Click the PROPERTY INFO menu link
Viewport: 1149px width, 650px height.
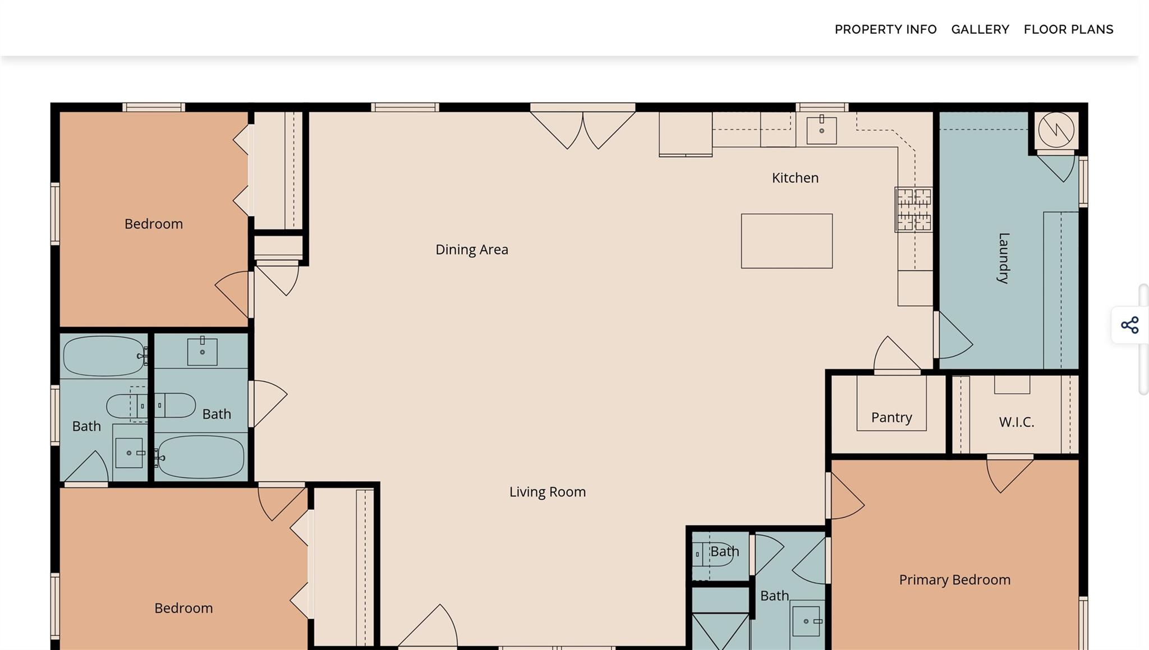click(885, 29)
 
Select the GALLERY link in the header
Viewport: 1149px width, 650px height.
click(980, 29)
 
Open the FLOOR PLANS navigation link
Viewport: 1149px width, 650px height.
click(1068, 29)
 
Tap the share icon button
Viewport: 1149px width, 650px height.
click(1129, 325)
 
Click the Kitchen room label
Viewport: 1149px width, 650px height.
click(795, 178)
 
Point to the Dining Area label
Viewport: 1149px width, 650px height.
click(472, 250)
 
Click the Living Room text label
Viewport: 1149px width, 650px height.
click(548, 492)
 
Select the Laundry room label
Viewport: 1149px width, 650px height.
click(1004, 258)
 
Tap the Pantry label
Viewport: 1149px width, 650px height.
click(891, 417)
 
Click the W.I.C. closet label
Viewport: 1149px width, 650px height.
click(1016, 422)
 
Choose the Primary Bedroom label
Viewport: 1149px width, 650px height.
click(955, 579)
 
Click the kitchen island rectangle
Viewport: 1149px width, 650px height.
click(787, 241)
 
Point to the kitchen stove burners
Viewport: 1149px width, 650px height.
click(914, 210)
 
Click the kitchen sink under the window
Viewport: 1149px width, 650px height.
click(821, 130)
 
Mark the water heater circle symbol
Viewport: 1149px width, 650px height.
click(1056, 130)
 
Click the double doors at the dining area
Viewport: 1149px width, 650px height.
click(583, 129)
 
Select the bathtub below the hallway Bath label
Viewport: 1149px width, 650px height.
click(200, 457)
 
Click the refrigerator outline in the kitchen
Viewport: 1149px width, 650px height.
click(686, 133)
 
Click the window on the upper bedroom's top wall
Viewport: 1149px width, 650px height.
click(154, 107)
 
